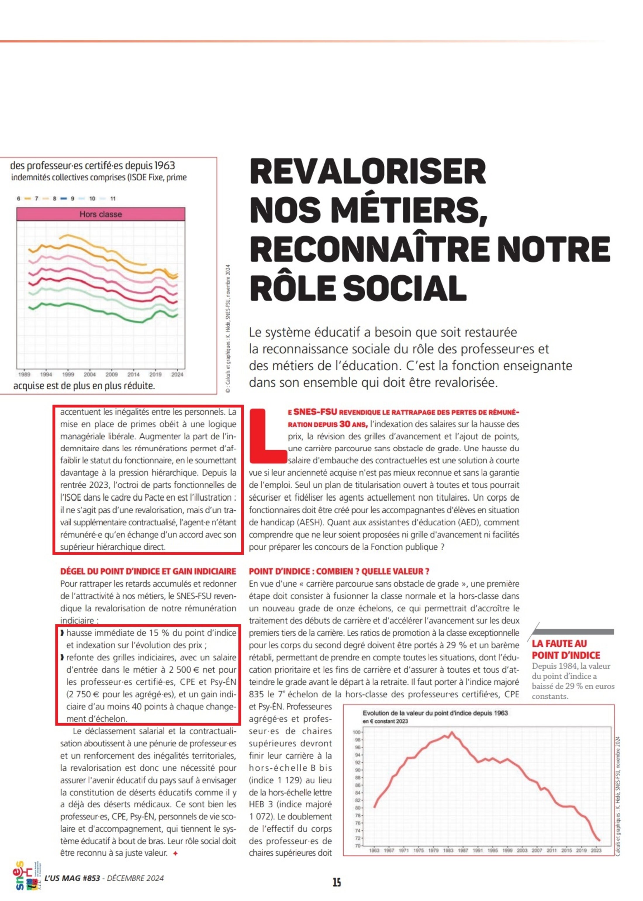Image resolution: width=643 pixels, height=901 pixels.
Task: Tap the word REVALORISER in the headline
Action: pos(367,172)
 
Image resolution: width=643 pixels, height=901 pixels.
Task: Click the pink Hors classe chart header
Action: pos(101,214)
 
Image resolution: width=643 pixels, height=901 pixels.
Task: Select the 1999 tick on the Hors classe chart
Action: pos(68,374)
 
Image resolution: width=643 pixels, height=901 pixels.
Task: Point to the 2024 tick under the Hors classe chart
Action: pos(177,374)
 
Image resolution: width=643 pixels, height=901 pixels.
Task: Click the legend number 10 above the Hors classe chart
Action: pos(92,199)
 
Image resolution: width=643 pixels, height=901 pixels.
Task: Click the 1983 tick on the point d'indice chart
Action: pos(448,850)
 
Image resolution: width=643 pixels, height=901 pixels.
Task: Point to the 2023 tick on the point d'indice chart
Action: pos(596,850)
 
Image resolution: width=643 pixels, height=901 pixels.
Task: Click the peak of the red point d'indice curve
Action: pos(452,732)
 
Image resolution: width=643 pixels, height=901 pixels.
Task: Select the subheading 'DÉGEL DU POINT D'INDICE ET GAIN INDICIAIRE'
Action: pos(148,571)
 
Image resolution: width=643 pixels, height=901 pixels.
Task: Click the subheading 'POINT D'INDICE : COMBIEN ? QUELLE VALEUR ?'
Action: pos(339,571)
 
